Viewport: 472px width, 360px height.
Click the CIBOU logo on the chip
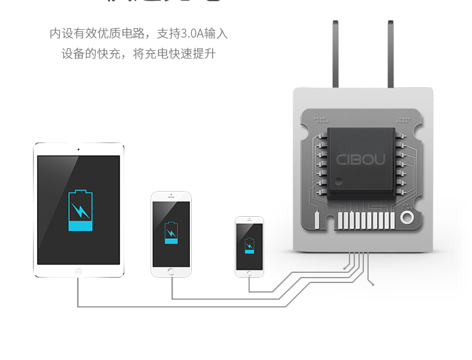(360, 159)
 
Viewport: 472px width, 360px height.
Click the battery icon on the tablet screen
(81, 211)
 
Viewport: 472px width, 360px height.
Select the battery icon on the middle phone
(171, 233)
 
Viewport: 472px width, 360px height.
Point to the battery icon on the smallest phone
(249, 245)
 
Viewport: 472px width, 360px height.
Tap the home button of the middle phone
(171, 272)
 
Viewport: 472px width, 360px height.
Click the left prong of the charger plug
(336, 54)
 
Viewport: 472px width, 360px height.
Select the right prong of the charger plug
(390, 54)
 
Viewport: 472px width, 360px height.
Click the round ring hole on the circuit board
(407, 217)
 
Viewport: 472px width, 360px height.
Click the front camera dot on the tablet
(78, 149)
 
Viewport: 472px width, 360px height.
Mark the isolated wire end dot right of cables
(373, 285)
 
